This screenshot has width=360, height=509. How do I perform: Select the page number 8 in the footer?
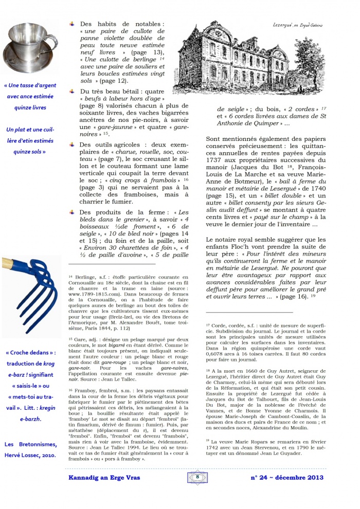(x=197, y=477)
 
